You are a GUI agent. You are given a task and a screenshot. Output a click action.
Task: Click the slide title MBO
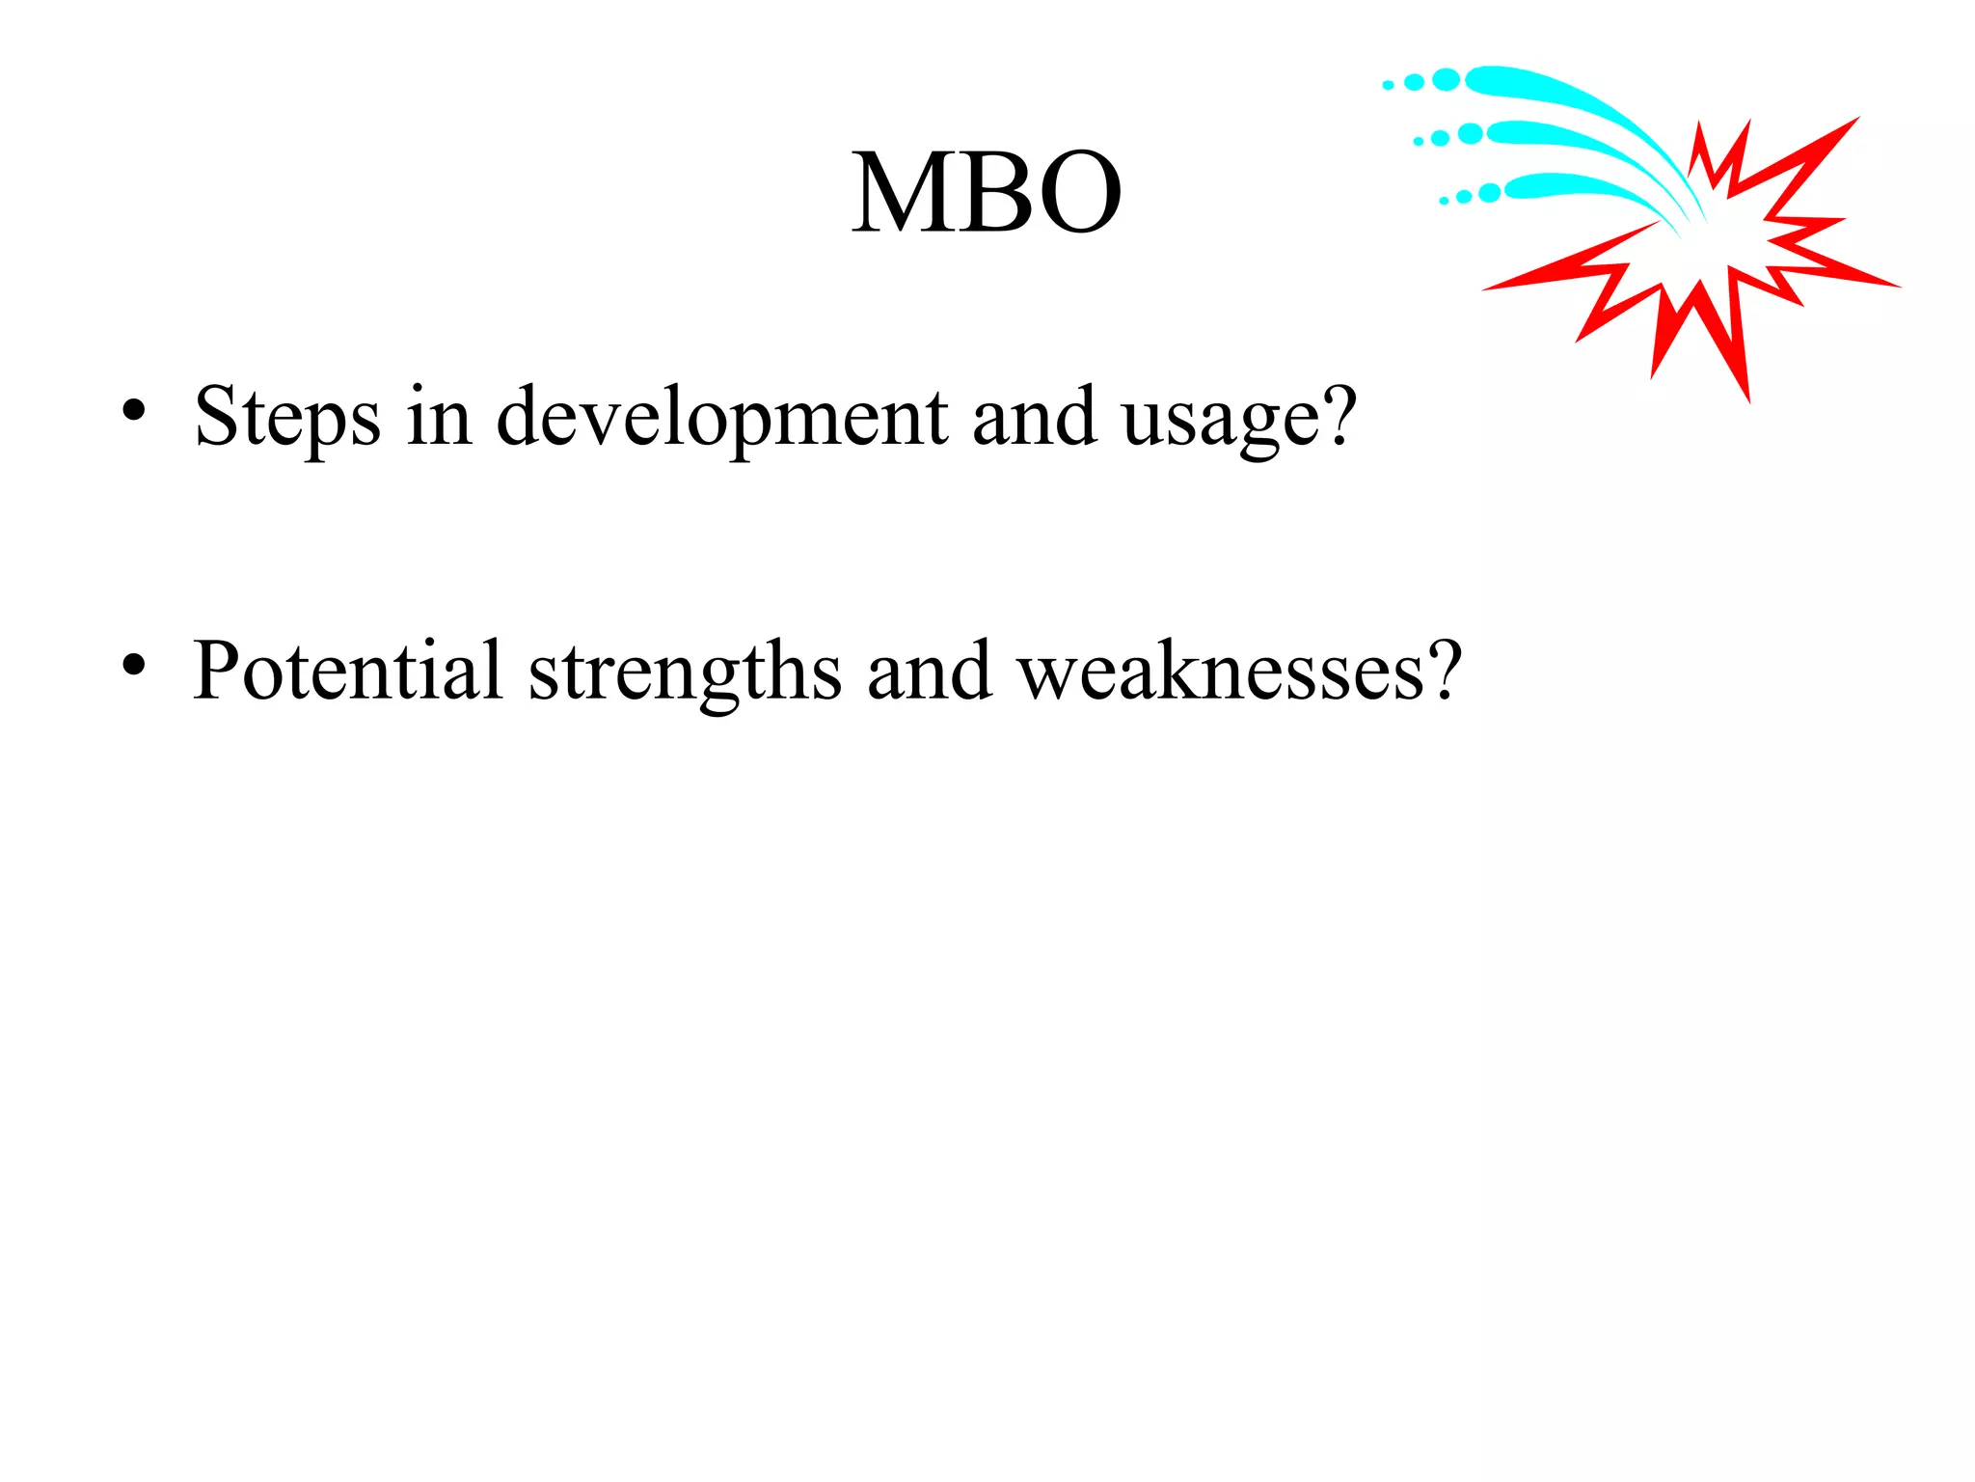[x=986, y=193]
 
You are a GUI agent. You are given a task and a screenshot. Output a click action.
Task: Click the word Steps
[x=286, y=417]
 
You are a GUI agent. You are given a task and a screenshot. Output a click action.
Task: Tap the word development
[x=721, y=417]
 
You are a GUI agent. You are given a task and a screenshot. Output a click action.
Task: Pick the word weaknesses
[x=1220, y=672]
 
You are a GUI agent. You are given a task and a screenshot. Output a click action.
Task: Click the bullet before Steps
[x=134, y=411]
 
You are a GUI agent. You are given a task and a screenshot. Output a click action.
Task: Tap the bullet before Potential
[x=134, y=665]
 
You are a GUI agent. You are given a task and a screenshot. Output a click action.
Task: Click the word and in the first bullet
[x=1034, y=417]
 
